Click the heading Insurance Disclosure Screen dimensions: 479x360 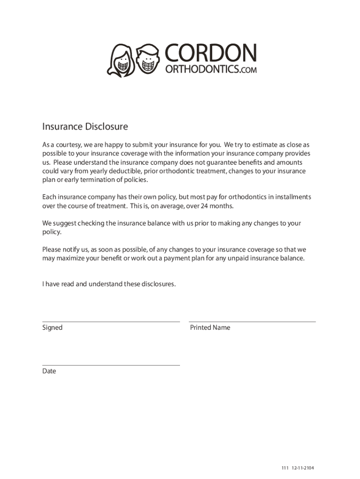coord(85,127)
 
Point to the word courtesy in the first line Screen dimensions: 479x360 coord(71,145)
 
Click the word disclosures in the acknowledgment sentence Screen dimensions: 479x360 coord(158,284)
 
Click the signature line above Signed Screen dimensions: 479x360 coord(111,322)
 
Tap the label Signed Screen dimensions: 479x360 coord(52,328)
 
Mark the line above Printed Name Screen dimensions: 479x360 coord(252,322)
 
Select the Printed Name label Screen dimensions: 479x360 coord(210,328)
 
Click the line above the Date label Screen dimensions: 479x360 coord(111,365)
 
